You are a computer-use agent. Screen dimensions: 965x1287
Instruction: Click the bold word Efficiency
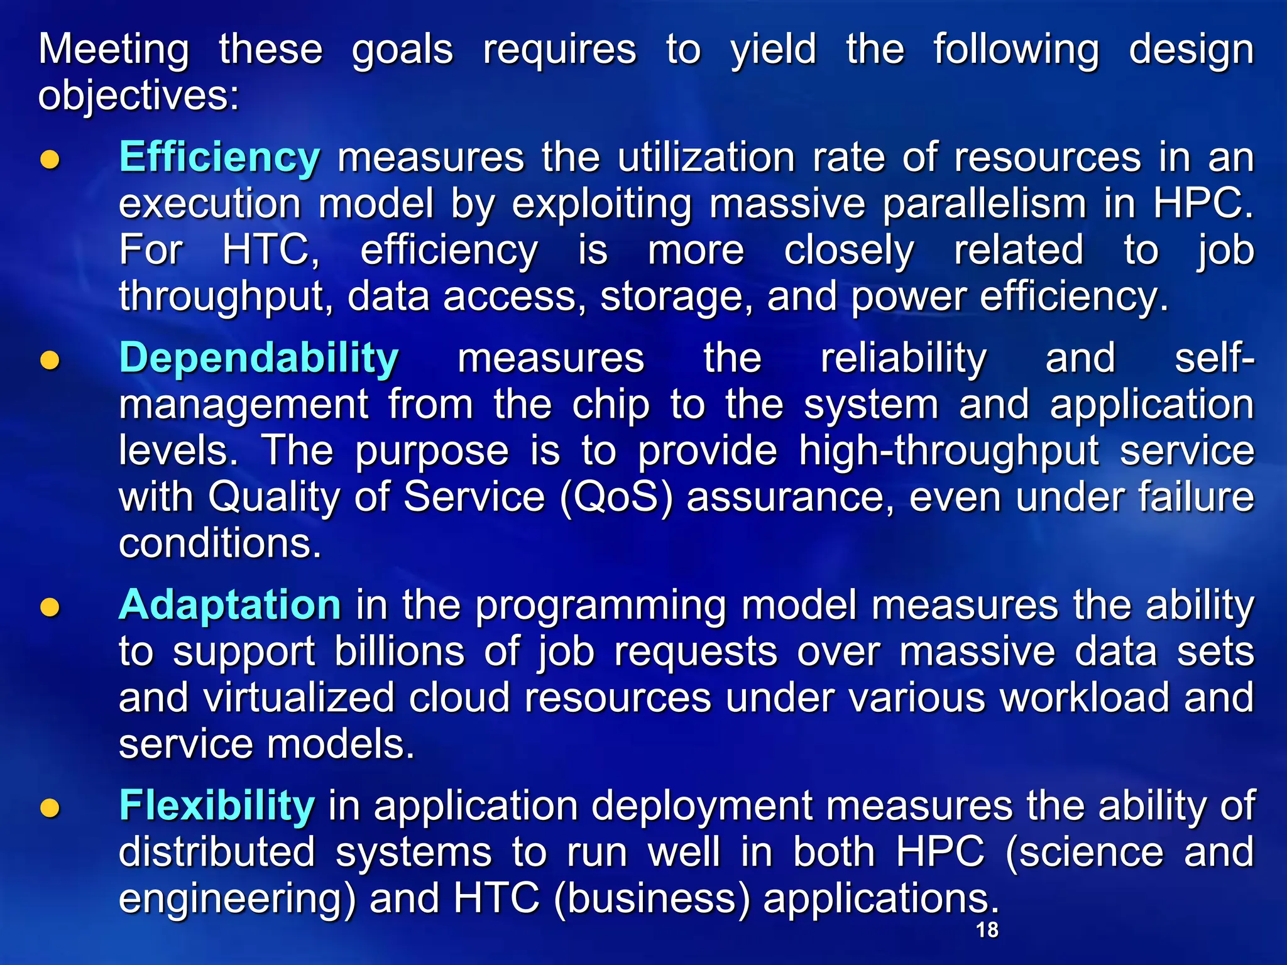click(219, 158)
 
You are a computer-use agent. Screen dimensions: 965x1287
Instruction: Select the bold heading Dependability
click(258, 359)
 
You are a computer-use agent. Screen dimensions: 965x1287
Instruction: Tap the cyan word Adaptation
click(229, 606)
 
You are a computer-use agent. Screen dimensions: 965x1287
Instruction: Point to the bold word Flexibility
click(216, 806)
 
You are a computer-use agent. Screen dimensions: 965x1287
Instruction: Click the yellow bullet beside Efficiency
click(50, 160)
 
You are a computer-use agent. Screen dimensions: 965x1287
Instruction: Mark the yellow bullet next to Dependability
click(50, 361)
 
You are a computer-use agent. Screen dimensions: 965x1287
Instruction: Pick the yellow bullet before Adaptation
click(50, 608)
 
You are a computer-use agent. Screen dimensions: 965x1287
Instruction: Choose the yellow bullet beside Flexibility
click(50, 808)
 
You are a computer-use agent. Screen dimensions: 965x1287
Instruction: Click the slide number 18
click(987, 930)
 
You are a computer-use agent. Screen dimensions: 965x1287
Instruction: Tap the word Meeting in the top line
click(114, 50)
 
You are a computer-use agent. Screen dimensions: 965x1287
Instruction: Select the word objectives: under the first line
click(138, 97)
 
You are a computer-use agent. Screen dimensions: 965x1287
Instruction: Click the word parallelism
click(984, 204)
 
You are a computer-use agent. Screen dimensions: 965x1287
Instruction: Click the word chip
click(610, 405)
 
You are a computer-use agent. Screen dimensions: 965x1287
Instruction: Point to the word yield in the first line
click(773, 50)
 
